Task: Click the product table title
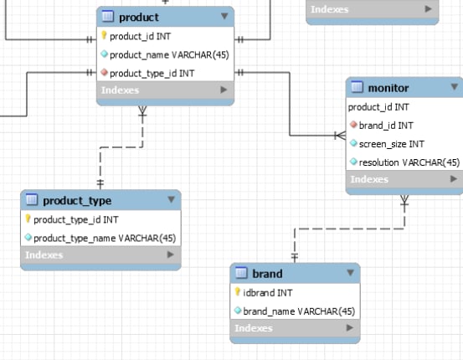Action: point(139,17)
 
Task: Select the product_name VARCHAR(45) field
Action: point(169,55)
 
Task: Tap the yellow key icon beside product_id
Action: point(104,35)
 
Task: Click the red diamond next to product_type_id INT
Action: point(104,72)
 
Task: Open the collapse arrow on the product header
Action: point(224,16)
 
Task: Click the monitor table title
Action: point(388,88)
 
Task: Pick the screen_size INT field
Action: point(392,144)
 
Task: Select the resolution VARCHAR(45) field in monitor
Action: point(409,162)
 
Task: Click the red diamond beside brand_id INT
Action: point(353,125)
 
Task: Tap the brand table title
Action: point(267,274)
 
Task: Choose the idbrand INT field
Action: point(268,293)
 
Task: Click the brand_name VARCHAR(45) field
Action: point(299,311)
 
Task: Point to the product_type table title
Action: point(77,201)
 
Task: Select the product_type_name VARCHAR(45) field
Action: point(105,238)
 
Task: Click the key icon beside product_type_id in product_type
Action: point(28,219)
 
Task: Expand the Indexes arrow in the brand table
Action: point(350,327)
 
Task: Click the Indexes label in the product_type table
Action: point(44,255)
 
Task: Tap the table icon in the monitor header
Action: point(357,87)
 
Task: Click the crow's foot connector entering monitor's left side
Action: point(340,136)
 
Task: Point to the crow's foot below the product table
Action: point(142,111)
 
